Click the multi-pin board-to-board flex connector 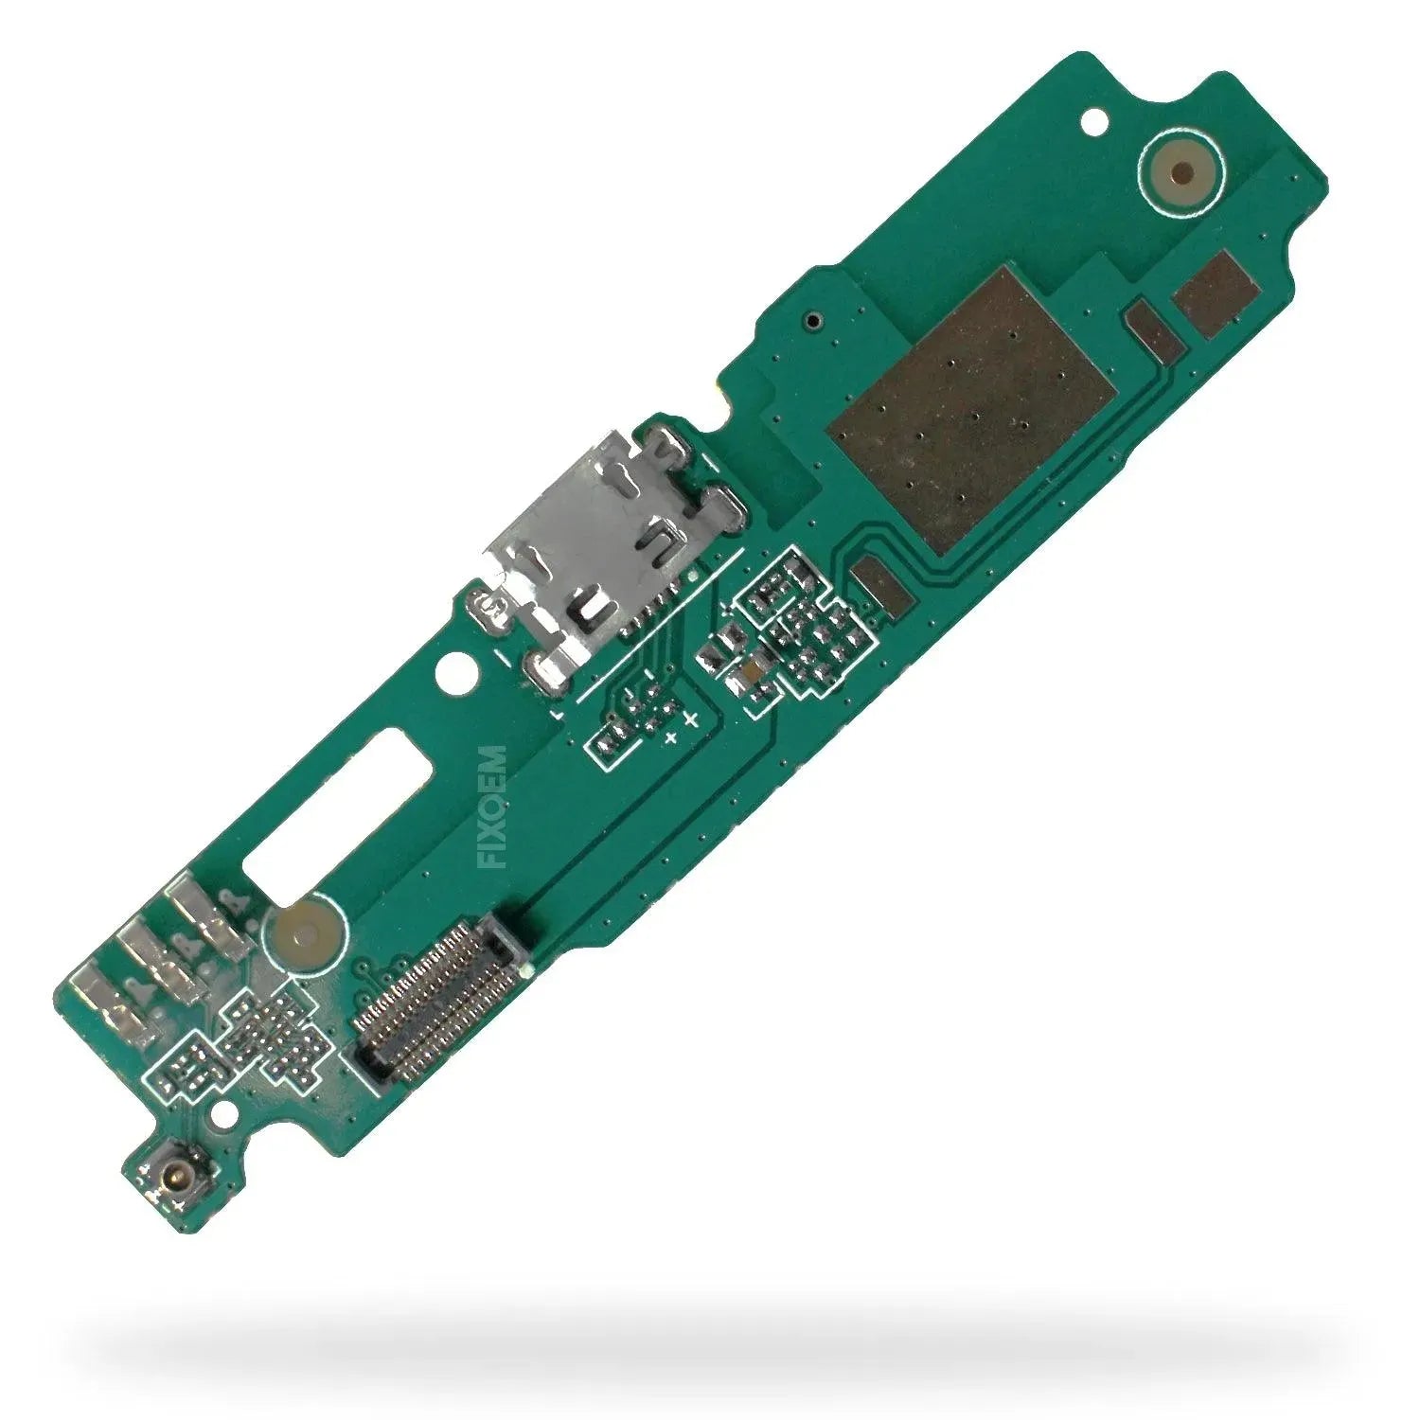point(439,993)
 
